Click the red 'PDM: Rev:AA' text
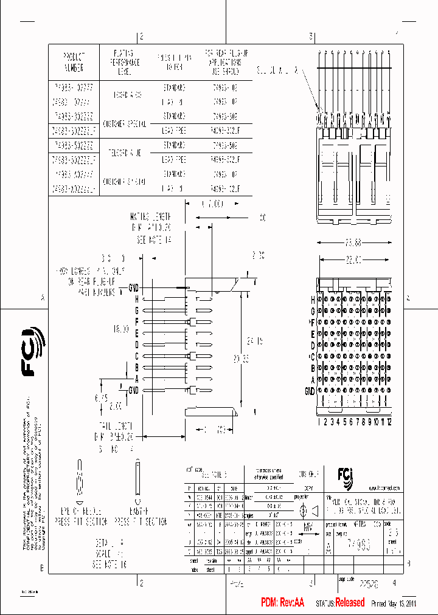[282, 603]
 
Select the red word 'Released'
[350, 603]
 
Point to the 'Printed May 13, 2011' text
[394, 603]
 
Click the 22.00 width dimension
[353, 259]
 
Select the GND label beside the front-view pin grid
[309, 391]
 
